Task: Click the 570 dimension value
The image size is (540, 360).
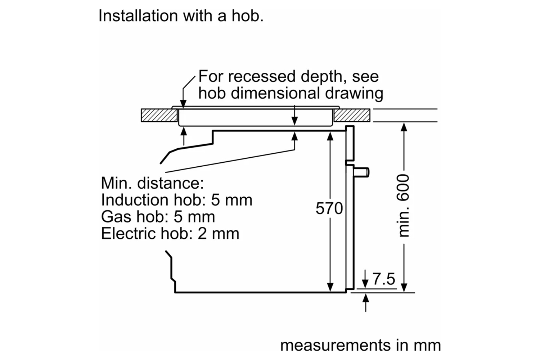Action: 329,209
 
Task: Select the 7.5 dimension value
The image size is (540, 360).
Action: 384,279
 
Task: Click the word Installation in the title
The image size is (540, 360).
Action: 138,16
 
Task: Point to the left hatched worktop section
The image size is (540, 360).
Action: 159,116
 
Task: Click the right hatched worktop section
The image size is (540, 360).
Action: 352,116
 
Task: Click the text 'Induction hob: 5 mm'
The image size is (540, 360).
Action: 176,200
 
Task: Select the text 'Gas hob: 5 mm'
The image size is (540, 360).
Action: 158,217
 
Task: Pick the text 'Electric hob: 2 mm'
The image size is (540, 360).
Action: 170,234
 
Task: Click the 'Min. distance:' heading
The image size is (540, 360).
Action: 152,183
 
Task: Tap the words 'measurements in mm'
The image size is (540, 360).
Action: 360,345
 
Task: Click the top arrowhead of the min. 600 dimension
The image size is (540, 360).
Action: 404,127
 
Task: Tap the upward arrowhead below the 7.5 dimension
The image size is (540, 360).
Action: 366,298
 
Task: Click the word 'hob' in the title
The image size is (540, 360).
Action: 247,16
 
